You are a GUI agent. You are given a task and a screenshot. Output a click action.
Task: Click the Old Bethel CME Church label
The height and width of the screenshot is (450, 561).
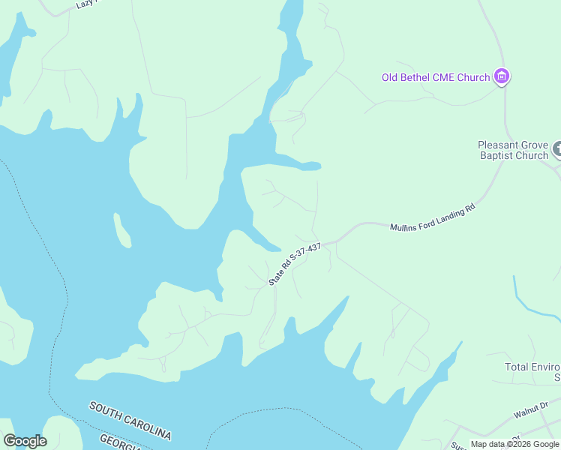(x=435, y=76)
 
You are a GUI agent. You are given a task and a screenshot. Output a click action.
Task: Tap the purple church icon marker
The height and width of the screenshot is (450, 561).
(x=502, y=76)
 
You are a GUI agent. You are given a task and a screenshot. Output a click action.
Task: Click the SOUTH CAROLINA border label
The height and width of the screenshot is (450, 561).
(x=130, y=421)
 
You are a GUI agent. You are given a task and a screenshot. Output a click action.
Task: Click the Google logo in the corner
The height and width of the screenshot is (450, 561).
(x=25, y=441)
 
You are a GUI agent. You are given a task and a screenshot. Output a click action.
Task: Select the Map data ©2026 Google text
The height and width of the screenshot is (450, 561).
(x=514, y=444)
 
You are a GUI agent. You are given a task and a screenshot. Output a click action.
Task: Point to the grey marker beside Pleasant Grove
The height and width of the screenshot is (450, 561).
(x=557, y=149)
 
